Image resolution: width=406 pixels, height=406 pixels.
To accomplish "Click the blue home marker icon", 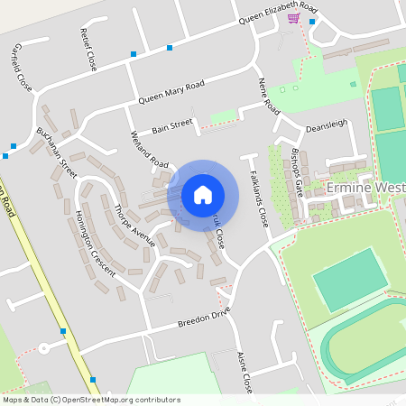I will [x=203, y=194].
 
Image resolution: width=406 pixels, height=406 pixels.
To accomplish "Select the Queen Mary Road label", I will [x=171, y=91].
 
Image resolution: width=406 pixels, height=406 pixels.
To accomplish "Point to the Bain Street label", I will [x=172, y=126].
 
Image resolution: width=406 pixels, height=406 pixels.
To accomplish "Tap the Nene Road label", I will [x=268, y=95].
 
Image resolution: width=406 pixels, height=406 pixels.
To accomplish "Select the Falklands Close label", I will [x=258, y=198].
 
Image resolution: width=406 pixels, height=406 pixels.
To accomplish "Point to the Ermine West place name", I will [x=365, y=188].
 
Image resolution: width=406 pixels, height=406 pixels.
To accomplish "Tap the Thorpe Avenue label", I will [x=135, y=226].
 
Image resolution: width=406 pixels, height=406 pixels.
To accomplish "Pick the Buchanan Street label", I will [x=56, y=151].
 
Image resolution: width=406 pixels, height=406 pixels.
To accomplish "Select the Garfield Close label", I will [x=23, y=68].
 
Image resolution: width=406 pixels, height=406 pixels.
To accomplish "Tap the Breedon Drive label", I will [x=204, y=319].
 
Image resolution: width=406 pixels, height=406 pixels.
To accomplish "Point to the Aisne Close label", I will [x=245, y=372].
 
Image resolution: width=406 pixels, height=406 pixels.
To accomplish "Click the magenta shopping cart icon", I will [x=293, y=17].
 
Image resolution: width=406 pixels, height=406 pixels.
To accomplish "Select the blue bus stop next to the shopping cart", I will [x=312, y=23].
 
